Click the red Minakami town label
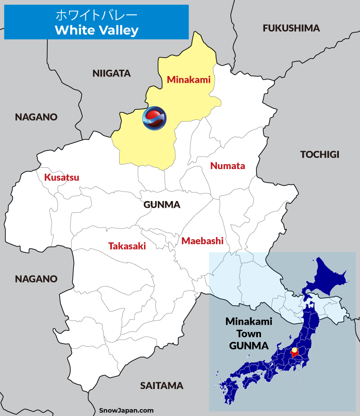tap(189, 80)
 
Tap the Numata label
tap(228, 166)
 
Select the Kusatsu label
tap(62, 177)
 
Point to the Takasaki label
tap(127, 246)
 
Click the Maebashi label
tap(202, 241)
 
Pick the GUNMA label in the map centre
tap(162, 205)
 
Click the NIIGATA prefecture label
tap(111, 73)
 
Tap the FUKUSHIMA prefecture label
tap(291, 28)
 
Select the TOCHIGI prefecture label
tap(319, 155)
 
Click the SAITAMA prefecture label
tap(162, 385)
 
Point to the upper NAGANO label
tap(36, 117)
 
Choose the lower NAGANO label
tap(36, 279)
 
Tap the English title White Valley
tap(96, 30)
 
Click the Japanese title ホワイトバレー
tap(96, 15)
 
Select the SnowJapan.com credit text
tap(126, 410)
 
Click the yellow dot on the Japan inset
tap(294, 350)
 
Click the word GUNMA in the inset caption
tap(249, 346)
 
